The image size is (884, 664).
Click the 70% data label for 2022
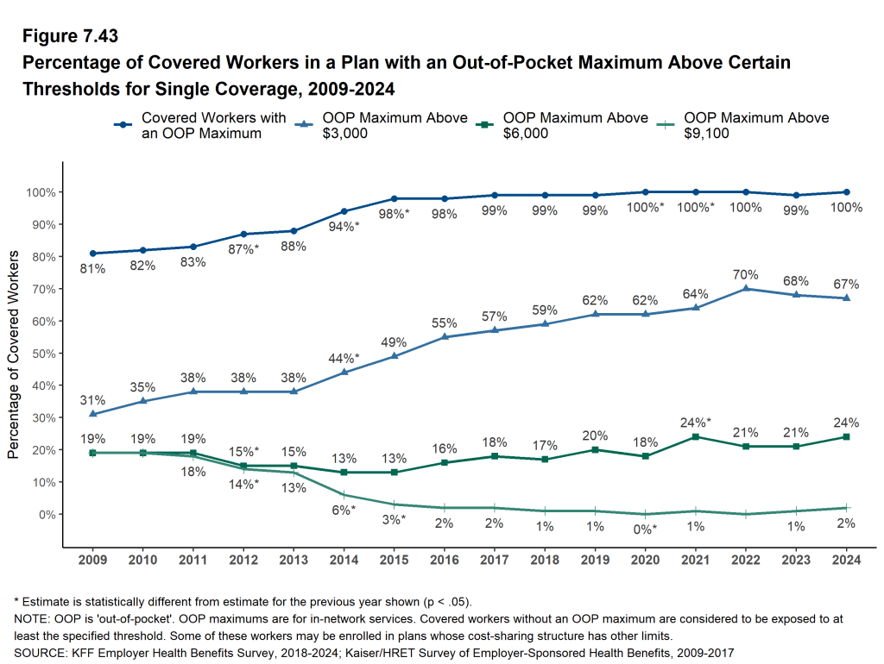pyautogui.click(x=746, y=274)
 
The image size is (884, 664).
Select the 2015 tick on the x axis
pyautogui.click(x=394, y=560)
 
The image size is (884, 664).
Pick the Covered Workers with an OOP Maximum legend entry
pyautogui.click(x=200, y=126)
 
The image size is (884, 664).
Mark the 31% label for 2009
pyautogui.click(x=92, y=400)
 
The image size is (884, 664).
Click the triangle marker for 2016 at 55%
pyautogui.click(x=444, y=336)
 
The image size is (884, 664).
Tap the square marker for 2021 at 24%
pyautogui.click(x=696, y=436)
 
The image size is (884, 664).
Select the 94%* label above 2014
pyautogui.click(x=344, y=228)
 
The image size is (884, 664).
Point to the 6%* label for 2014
pyautogui.click(x=344, y=511)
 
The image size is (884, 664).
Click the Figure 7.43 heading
pyautogui.click(x=71, y=37)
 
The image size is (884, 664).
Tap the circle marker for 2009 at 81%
pyautogui.click(x=92, y=254)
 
